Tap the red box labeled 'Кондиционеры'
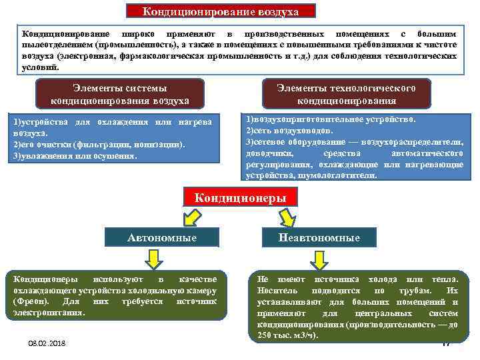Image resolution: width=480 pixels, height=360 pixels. coord(240,198)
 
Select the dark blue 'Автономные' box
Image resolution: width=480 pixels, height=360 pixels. coord(162,237)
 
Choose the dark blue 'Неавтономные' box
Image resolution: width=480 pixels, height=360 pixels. coord(320,237)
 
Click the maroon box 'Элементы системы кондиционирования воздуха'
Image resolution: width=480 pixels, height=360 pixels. coord(120,94)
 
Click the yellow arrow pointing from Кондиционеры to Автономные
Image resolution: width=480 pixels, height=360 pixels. coord(191,217)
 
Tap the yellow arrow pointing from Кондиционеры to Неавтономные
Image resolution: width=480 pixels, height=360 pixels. coord(288,217)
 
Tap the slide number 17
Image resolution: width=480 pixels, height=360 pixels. coord(447,343)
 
